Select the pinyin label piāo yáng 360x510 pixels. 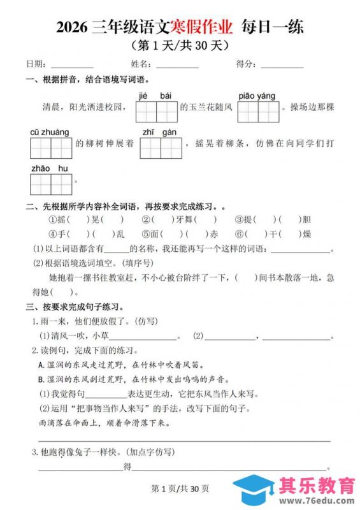point(257,96)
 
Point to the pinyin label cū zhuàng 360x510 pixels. point(50,132)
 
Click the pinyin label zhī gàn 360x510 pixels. point(159,132)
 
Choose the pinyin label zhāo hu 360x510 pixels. point(50,168)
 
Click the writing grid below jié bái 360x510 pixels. point(156,112)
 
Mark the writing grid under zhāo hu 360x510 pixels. point(51,184)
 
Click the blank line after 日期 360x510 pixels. point(72,66)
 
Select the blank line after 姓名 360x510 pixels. point(177,66)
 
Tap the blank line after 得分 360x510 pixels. point(282,66)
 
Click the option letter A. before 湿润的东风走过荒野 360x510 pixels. point(41,365)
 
